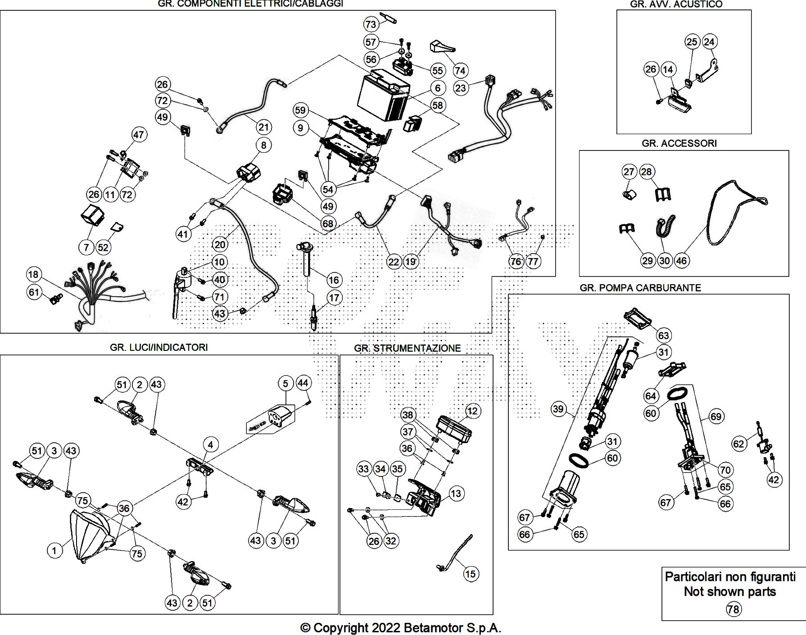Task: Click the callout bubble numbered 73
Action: coord(371,24)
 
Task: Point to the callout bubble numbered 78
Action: coord(733,609)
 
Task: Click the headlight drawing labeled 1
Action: coord(90,536)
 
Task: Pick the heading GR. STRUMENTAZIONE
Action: coord(408,348)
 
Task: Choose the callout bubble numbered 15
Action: coord(471,574)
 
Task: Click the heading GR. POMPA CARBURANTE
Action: coord(640,288)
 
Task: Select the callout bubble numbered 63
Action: coord(664,335)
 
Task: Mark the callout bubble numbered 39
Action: coord(558,409)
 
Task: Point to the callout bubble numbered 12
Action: coord(472,411)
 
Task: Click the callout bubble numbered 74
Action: coord(460,70)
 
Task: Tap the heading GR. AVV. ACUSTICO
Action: coord(676,5)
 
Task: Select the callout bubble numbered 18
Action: coord(33,274)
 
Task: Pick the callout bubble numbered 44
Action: coord(303,383)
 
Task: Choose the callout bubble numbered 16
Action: coord(334,280)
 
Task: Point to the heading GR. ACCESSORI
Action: coord(679,143)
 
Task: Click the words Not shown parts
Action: coord(729,591)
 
